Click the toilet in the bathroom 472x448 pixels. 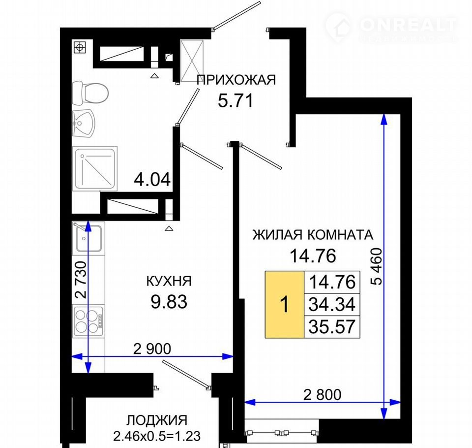90,93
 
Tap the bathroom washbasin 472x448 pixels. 84,124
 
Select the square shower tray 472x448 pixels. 95,168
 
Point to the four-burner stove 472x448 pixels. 88,321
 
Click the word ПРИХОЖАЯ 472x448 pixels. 236,80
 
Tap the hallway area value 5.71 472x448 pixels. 236,101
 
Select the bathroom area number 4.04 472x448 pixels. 152,180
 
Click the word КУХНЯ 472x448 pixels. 169,281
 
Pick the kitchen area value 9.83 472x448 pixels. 169,302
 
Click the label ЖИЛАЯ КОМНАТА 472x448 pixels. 313,234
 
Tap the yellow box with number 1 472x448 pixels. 285,304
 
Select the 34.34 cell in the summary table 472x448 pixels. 332,304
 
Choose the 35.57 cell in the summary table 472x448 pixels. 332,327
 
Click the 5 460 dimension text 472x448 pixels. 376,266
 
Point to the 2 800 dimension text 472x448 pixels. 322,395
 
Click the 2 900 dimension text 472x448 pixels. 152,349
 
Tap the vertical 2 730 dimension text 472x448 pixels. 81,280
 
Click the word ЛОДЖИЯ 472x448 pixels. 157,420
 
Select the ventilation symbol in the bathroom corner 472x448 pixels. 80,47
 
